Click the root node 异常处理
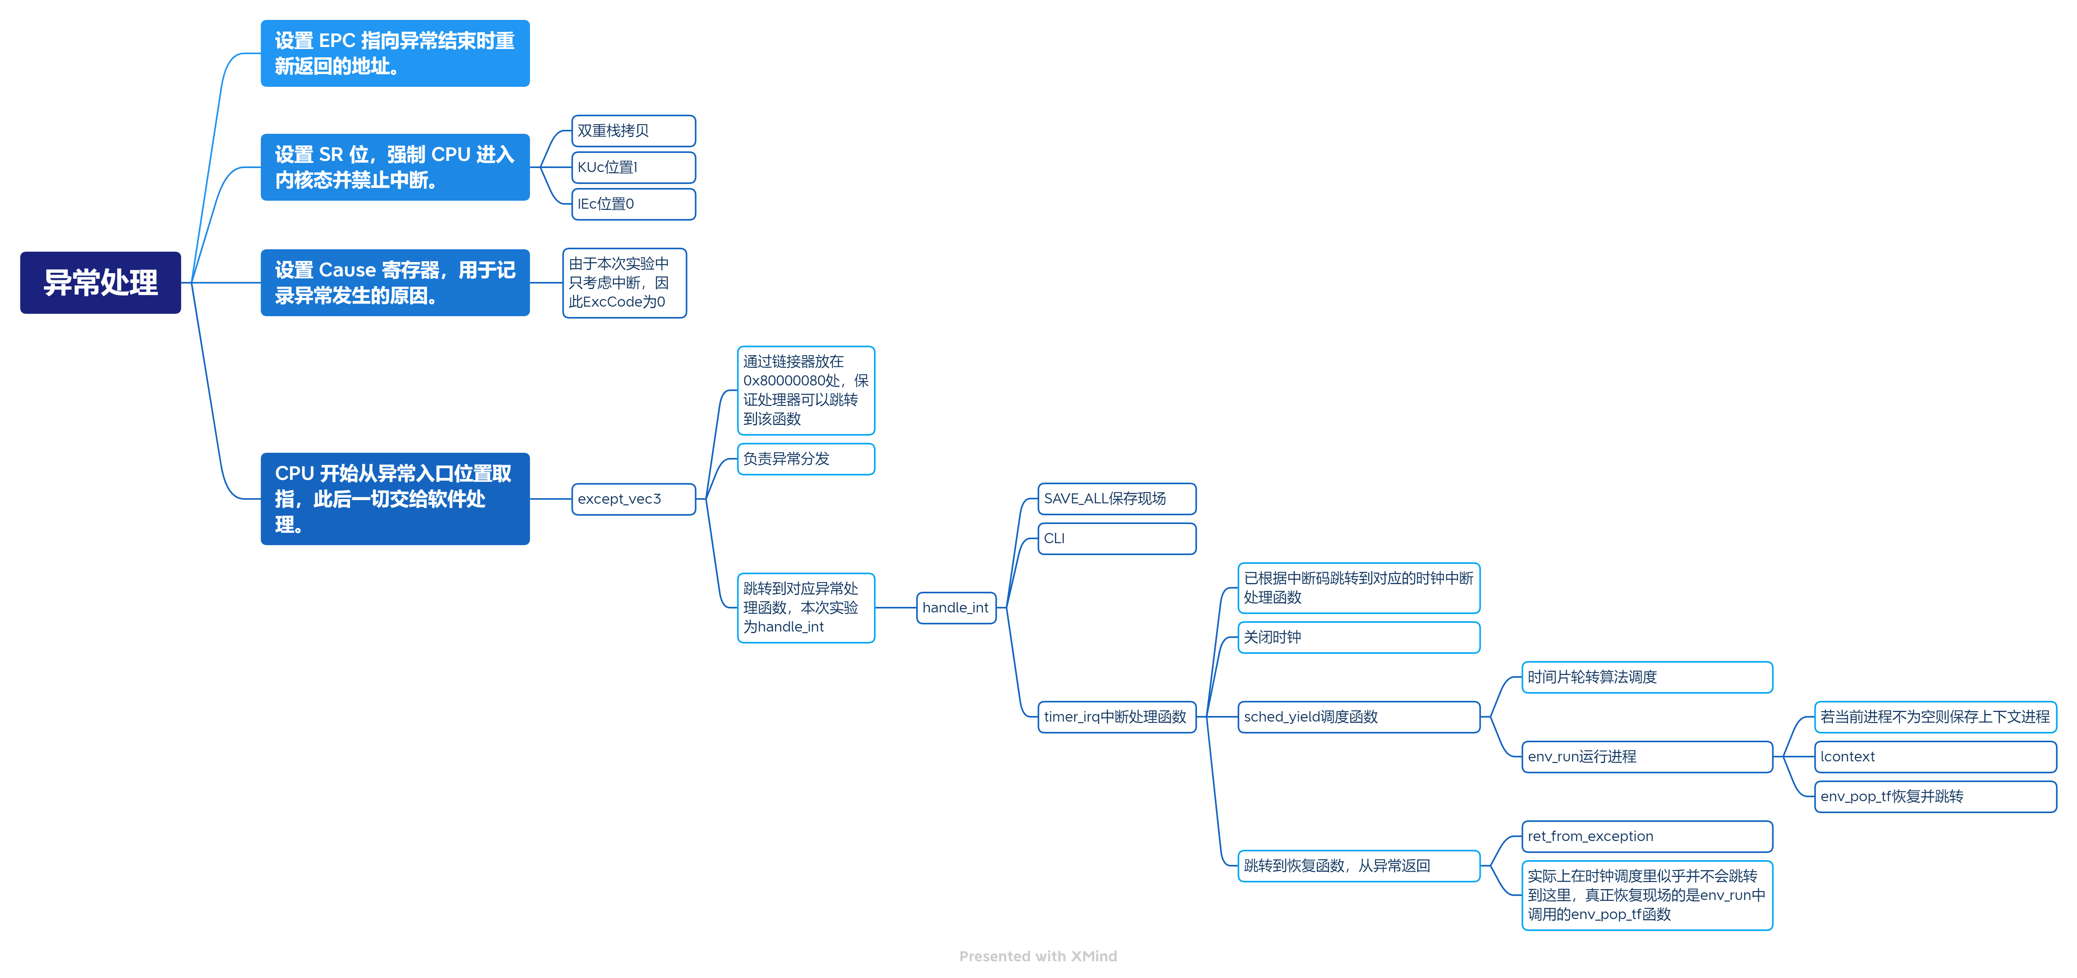pyautogui.click(x=101, y=282)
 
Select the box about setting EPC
pyautogui.click(x=395, y=53)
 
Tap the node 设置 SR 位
pyautogui.click(x=395, y=167)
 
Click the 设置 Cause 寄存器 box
pyautogui.click(x=395, y=282)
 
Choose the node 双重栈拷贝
pyautogui.click(x=633, y=131)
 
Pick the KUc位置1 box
pyautogui.click(x=633, y=167)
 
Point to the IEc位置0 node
pyautogui.click(x=633, y=204)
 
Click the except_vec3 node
pyautogui.click(x=633, y=499)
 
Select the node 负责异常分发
pyautogui.click(x=805, y=459)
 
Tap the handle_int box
pyautogui.click(x=956, y=608)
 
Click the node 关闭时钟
pyautogui.click(x=1359, y=637)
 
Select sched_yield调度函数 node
pyautogui.click(x=1359, y=717)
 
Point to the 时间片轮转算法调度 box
pyautogui.click(x=1646, y=677)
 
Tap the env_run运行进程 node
pyautogui.click(x=1646, y=756)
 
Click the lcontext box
pyautogui.click(x=1935, y=756)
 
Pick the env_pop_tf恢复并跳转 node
pyautogui.click(x=1935, y=796)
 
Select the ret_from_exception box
pyautogui.click(x=1646, y=836)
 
